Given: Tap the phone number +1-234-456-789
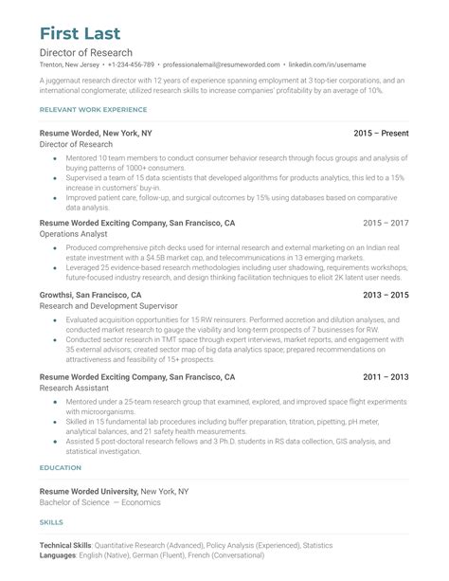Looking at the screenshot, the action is coord(131,64).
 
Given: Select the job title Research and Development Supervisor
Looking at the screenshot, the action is coord(109,307).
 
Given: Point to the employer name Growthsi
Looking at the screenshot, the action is coord(60,296).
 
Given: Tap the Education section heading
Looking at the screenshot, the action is coord(60,468).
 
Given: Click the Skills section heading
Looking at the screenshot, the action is coord(51,522).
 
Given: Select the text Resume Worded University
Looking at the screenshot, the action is coord(88,492).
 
